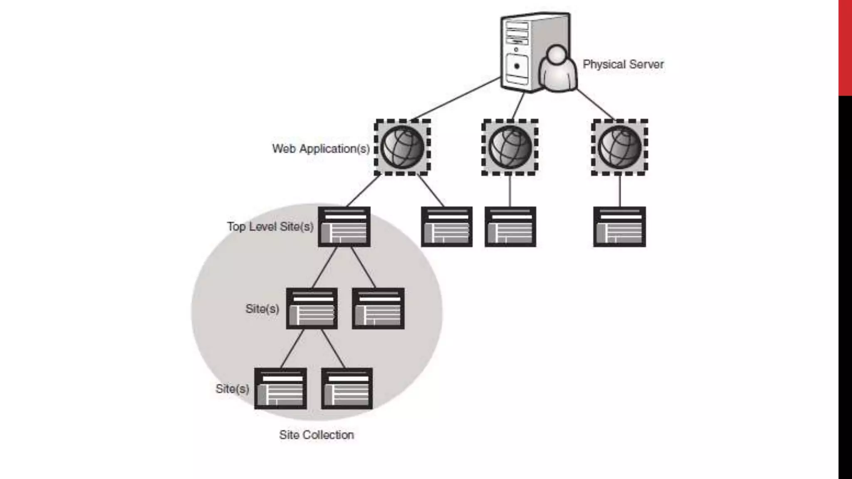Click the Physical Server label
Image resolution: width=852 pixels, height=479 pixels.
[623, 64]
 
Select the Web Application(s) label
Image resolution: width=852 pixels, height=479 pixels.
[321, 149]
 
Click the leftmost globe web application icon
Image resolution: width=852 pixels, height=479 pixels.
[402, 147]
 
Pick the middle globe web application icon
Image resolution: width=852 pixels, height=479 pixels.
[510, 147]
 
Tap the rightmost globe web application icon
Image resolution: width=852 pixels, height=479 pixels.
[619, 147]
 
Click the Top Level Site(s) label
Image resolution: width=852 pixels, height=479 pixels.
[270, 227]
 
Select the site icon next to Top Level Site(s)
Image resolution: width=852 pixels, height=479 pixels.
[344, 227]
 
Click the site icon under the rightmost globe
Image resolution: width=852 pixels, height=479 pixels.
[619, 227]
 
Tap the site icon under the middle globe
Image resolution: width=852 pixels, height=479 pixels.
[510, 227]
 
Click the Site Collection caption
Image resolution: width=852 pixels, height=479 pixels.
[316, 435]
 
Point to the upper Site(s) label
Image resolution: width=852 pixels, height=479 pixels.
[262, 309]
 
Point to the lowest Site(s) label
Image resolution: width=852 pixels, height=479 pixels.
[232, 389]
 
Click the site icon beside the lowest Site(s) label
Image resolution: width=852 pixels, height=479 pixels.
[280, 388]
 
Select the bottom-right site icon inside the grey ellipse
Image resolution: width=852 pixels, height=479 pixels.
[347, 388]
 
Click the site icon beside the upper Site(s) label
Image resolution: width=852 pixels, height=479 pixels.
[312, 308]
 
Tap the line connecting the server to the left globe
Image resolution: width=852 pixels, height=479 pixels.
[456, 99]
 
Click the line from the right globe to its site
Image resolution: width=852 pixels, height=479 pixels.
[619, 191]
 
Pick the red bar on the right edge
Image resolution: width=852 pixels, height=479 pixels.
[845, 48]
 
